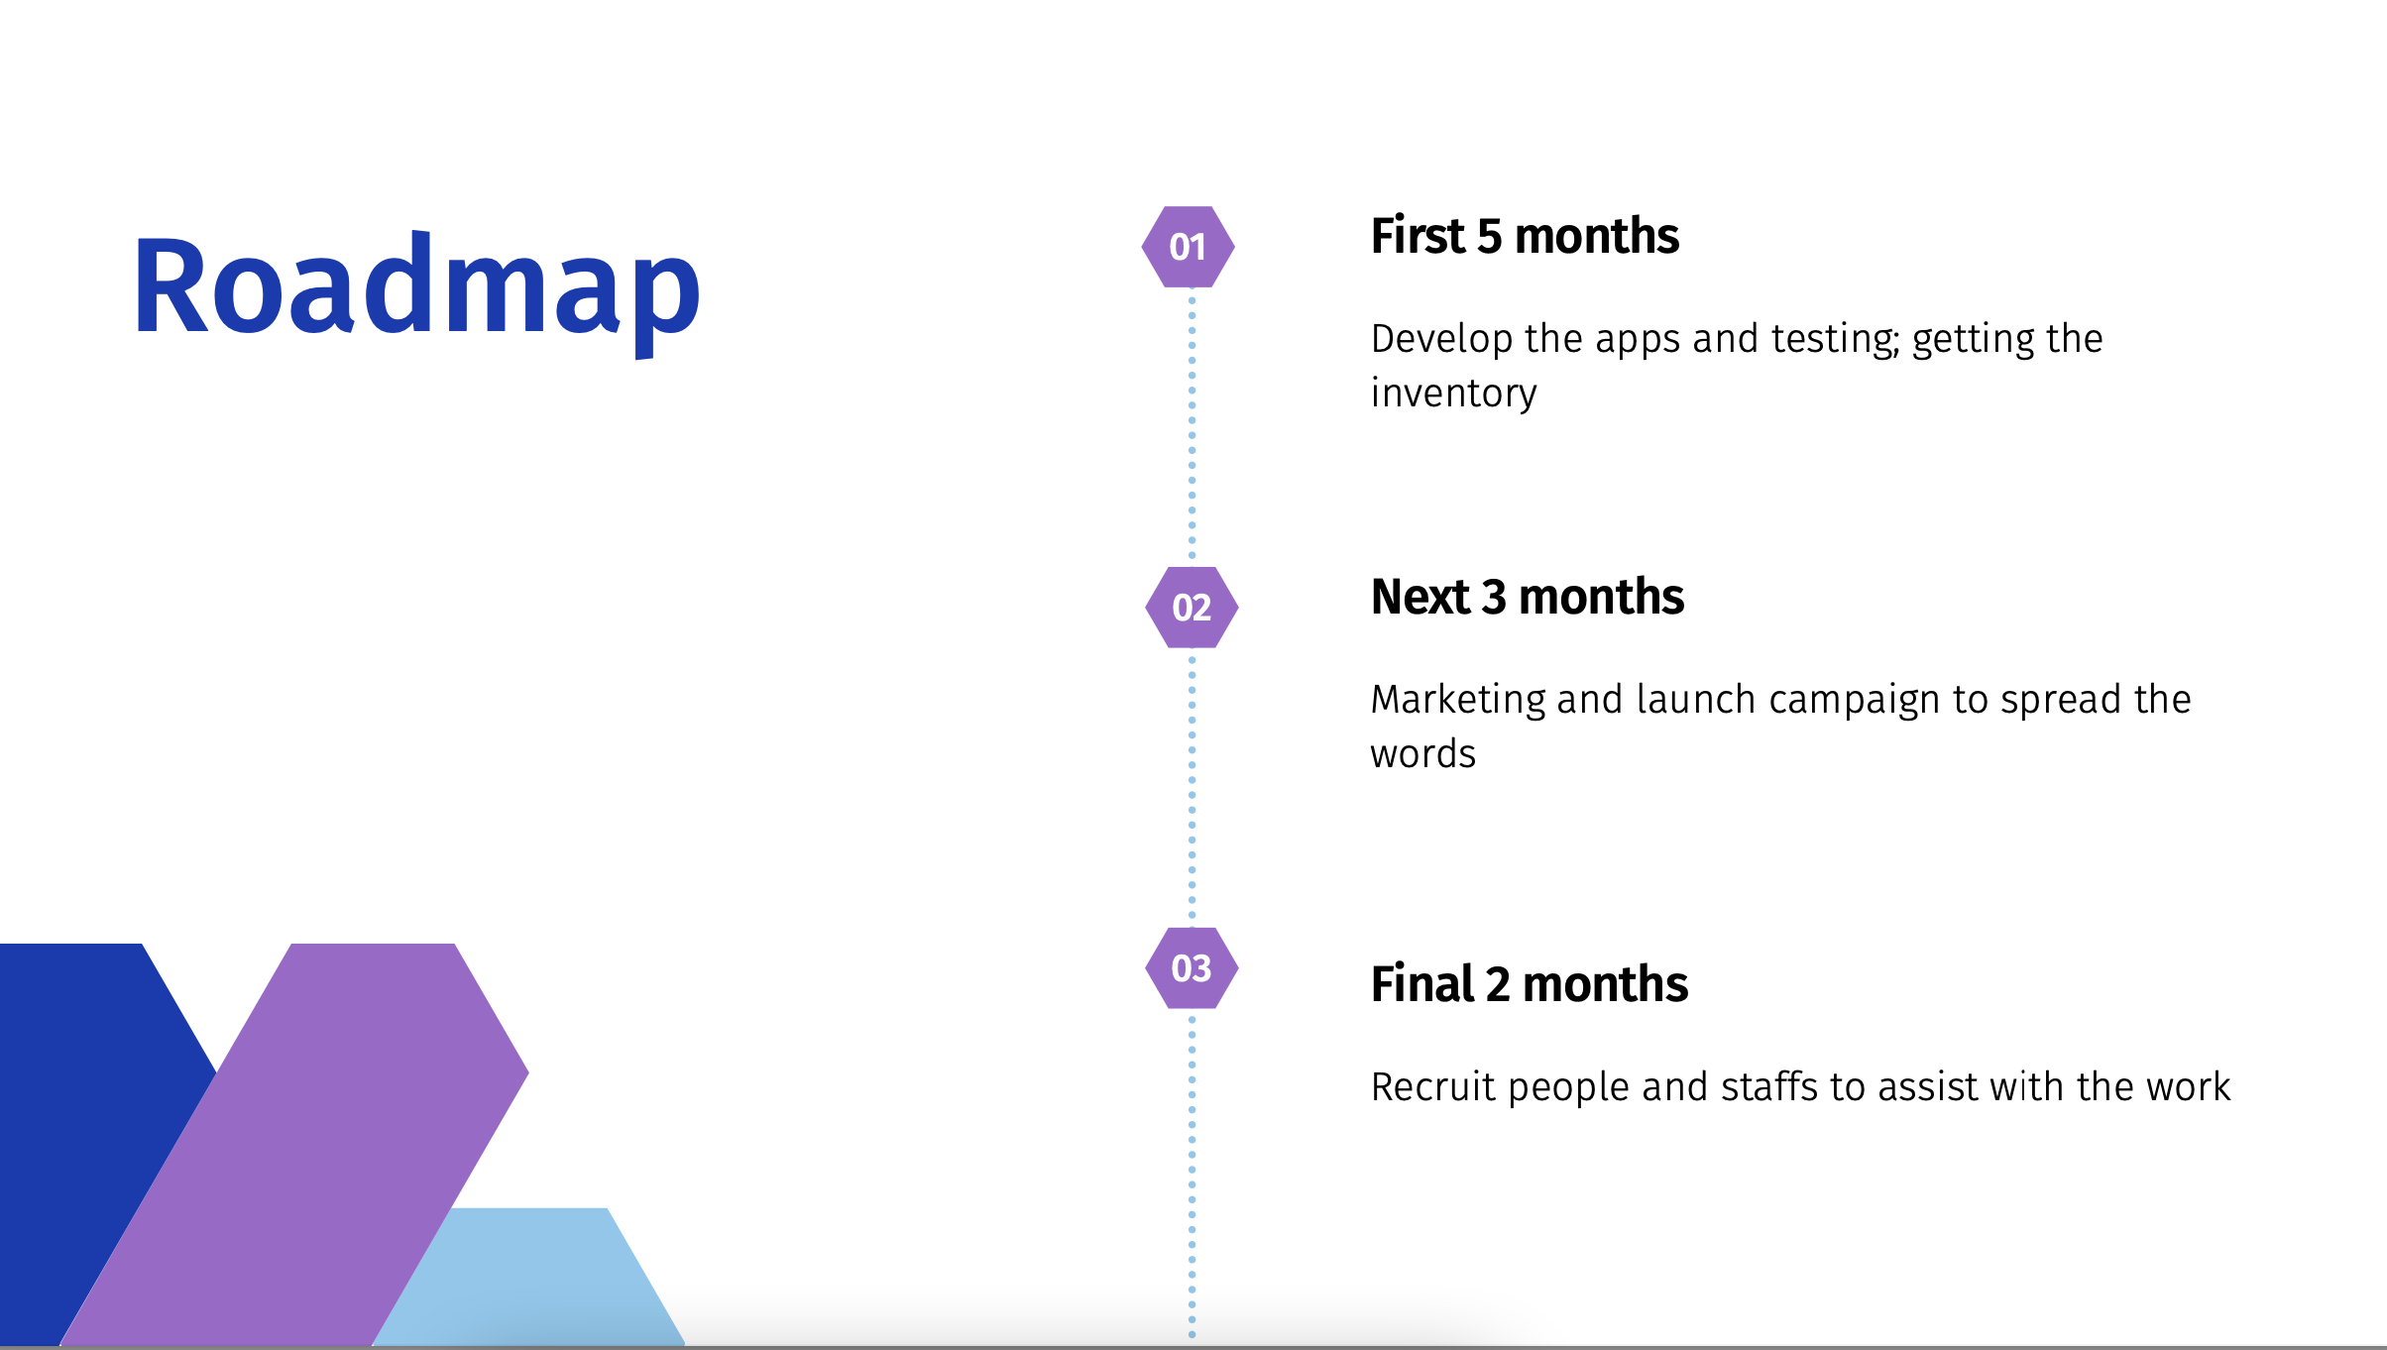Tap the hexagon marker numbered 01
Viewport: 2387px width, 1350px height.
[1188, 247]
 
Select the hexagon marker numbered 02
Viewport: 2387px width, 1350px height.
[1192, 608]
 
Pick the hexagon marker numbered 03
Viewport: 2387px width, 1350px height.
[1192, 968]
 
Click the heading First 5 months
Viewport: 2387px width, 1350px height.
[1525, 236]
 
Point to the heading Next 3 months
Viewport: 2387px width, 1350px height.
[1528, 597]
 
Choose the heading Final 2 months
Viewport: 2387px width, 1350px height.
[1530, 984]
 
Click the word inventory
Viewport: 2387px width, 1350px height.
[1454, 394]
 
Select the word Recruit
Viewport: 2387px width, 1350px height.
[1433, 1087]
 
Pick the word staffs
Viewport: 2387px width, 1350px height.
[1769, 1087]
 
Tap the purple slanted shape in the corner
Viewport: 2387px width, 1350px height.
[294, 1144]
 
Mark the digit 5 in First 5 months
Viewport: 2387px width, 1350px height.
[1489, 237]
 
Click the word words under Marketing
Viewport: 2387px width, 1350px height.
[1423, 754]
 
